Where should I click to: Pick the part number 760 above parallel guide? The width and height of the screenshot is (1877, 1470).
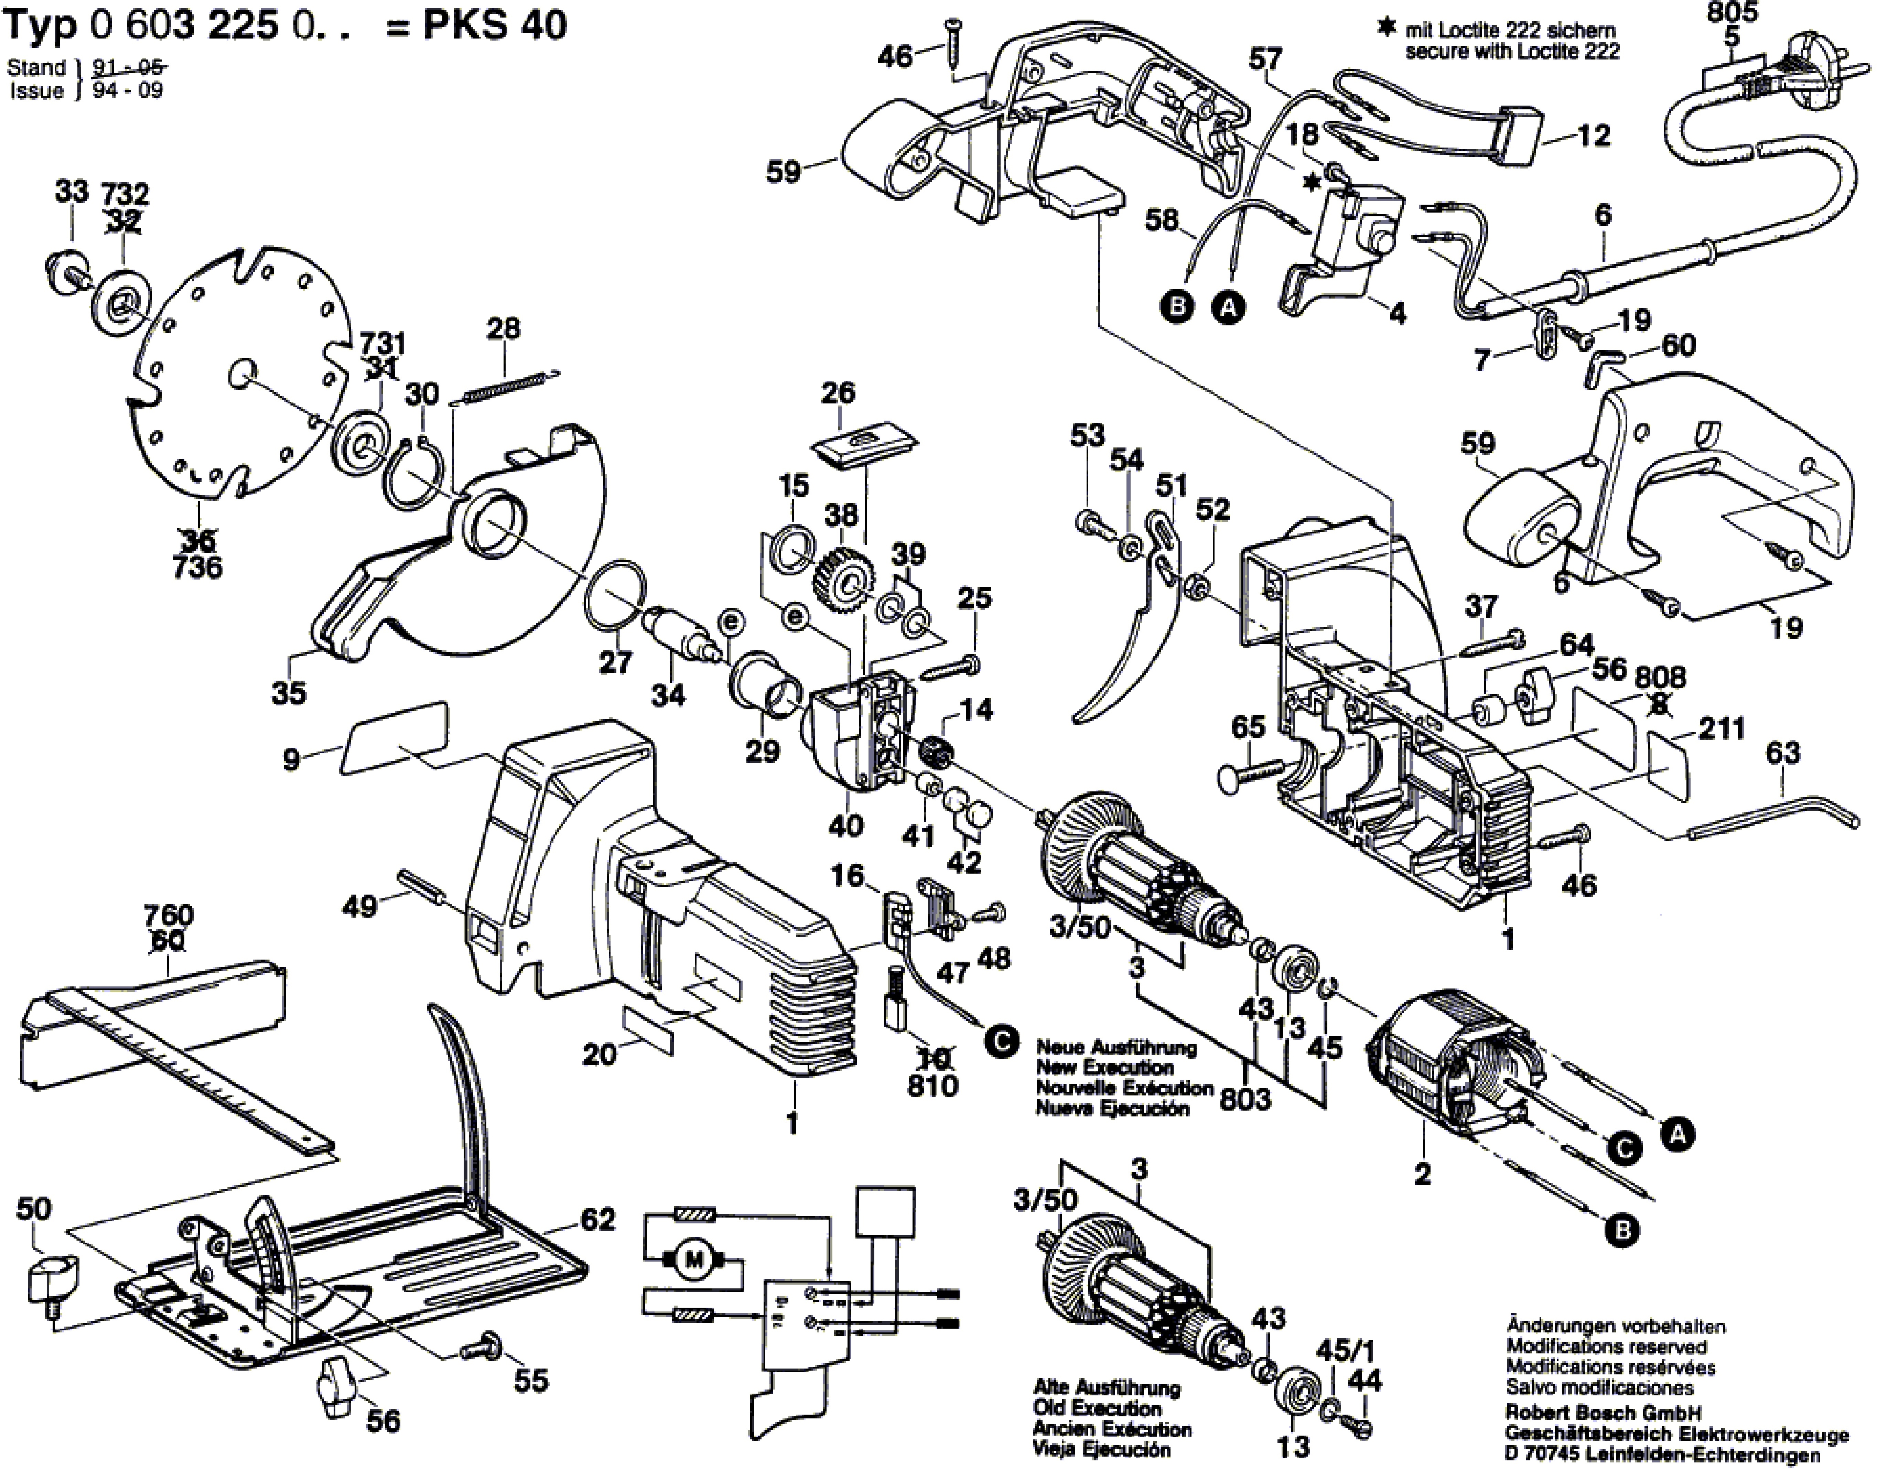[170, 915]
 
